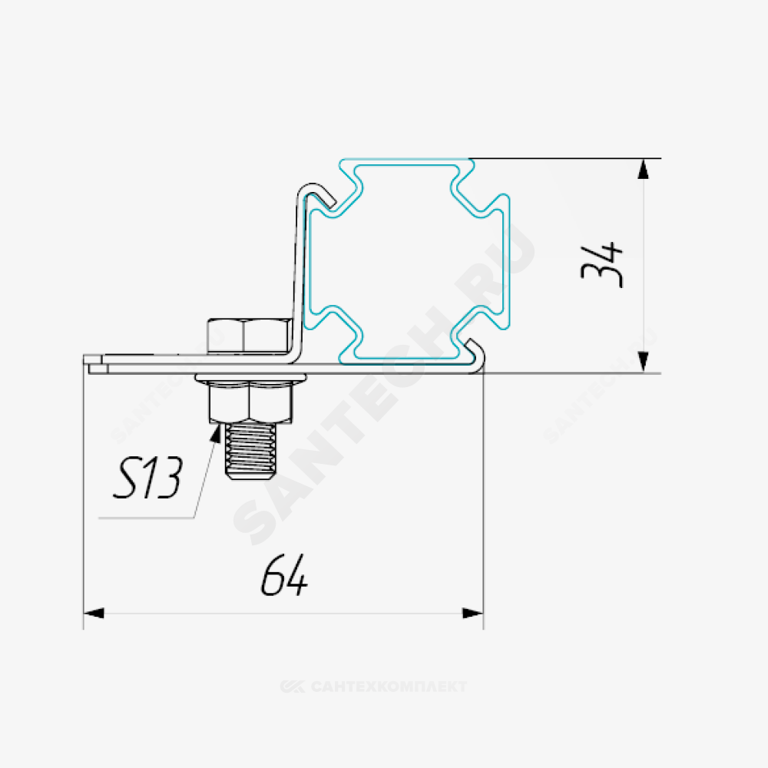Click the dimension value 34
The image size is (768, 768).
[x=602, y=264]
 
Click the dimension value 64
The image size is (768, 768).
[x=284, y=575]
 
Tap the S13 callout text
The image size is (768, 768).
[x=147, y=477]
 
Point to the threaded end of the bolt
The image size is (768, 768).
[x=250, y=451]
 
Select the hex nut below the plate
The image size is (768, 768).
[x=250, y=402]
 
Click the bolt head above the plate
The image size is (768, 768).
[x=250, y=336]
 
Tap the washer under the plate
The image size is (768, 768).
[x=250, y=378]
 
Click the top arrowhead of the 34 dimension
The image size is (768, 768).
[x=643, y=169]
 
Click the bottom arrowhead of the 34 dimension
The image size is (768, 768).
[x=643, y=362]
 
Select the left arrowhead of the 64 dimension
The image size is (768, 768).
[x=94, y=613]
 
